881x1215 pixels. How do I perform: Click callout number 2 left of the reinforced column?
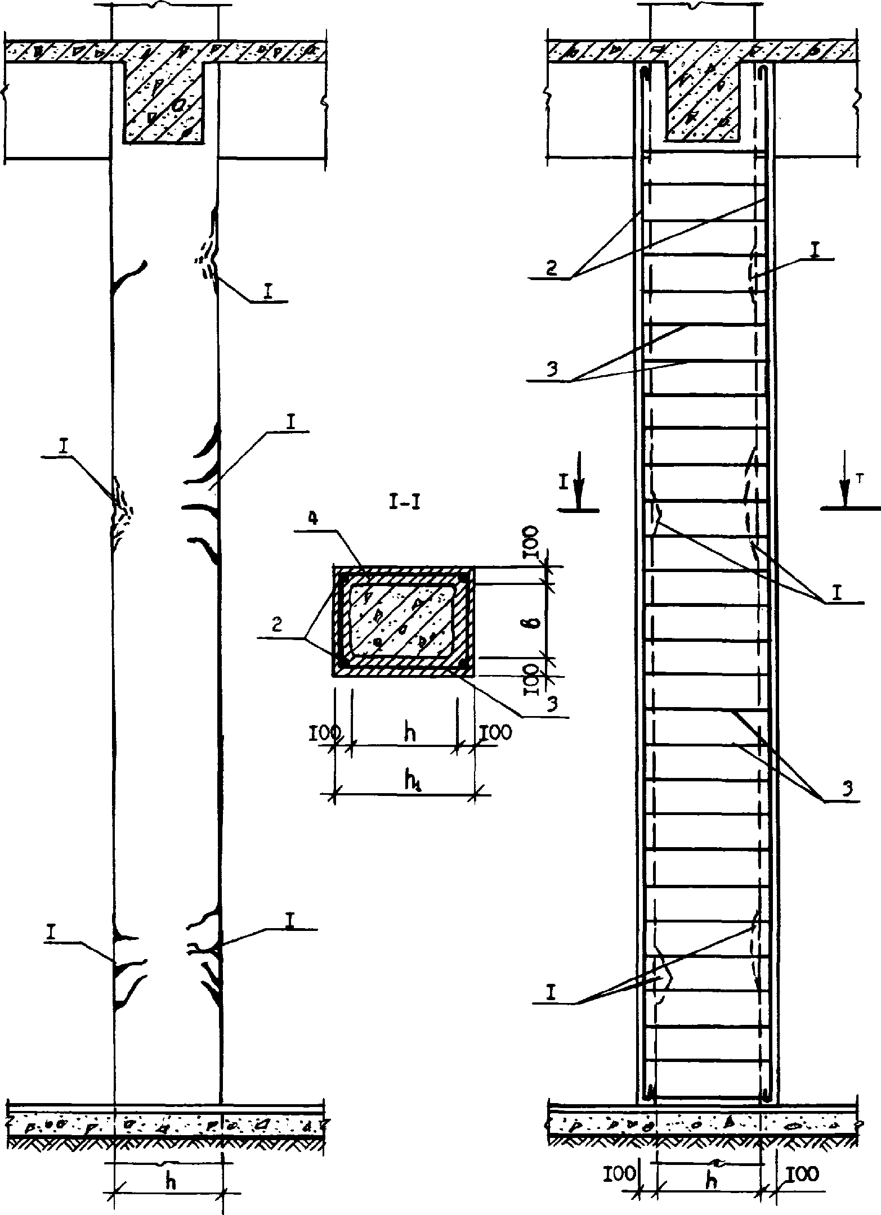(552, 268)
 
